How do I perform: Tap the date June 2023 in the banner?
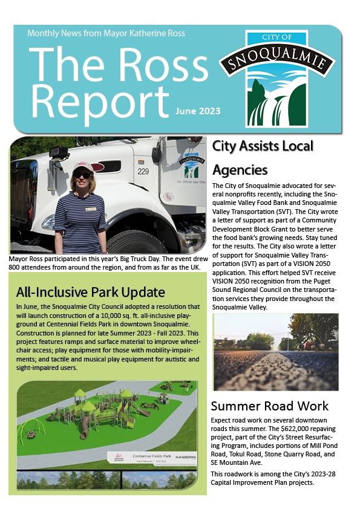[198, 111]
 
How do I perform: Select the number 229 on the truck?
[143, 172]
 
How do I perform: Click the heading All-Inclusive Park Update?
[91, 293]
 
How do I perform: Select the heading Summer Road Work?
[270, 406]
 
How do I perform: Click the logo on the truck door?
[191, 169]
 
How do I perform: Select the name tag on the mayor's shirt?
[91, 209]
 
